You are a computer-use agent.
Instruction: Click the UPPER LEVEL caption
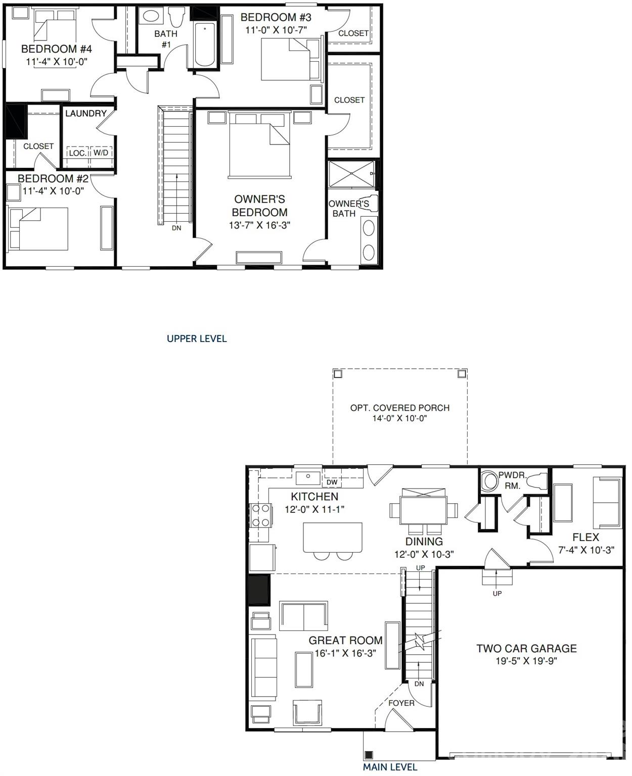[197, 338]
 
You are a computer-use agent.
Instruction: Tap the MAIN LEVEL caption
[390, 767]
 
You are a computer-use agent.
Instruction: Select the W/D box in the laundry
[101, 153]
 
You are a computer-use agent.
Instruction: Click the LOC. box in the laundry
[77, 153]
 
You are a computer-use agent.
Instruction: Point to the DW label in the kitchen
[332, 482]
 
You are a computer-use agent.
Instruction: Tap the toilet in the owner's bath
[368, 204]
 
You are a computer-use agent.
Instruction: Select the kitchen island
[333, 538]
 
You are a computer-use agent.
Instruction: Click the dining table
[424, 510]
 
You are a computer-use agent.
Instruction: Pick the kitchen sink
[308, 477]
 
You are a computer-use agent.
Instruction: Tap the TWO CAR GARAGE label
[526, 648]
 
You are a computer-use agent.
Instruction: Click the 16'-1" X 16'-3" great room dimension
[345, 653]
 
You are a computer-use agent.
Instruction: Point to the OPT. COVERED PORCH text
[399, 408]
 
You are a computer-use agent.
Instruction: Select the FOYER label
[401, 703]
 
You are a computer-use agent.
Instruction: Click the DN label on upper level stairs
[176, 228]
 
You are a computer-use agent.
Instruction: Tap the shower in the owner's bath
[352, 174]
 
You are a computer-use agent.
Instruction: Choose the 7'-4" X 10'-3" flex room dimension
[586, 550]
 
